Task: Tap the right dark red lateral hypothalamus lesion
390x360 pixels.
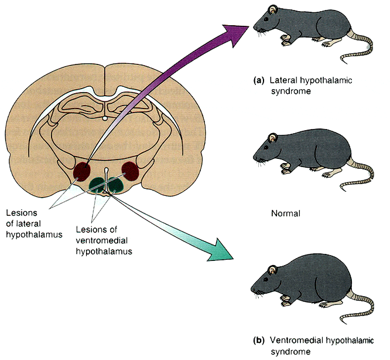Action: (x=130, y=171)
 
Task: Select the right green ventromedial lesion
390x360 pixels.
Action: (x=115, y=184)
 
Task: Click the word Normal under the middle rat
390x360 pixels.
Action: (x=286, y=213)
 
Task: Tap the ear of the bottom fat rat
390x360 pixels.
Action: (x=272, y=269)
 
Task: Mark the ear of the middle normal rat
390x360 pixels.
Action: (x=273, y=137)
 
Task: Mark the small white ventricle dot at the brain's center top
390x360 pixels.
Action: (x=104, y=118)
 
